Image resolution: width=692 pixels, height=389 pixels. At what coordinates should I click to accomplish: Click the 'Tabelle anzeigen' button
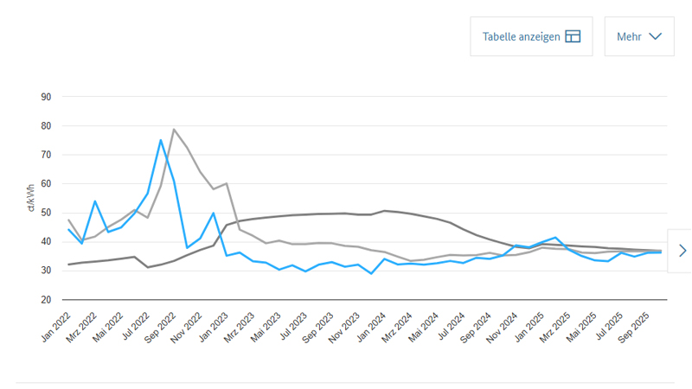[x=531, y=36]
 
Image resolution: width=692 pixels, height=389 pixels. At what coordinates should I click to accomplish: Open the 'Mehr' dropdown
[x=638, y=36]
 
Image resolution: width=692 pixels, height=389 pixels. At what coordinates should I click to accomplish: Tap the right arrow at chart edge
[x=682, y=251]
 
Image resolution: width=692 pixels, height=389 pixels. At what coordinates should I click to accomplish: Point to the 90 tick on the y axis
[x=46, y=97]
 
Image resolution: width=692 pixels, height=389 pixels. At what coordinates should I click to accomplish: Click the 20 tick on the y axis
[x=46, y=299]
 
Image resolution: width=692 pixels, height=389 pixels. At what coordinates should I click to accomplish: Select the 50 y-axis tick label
[x=46, y=213]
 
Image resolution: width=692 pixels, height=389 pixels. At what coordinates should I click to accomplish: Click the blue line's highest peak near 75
[x=161, y=140]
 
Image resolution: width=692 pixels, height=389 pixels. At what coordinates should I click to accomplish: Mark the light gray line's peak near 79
[x=174, y=130]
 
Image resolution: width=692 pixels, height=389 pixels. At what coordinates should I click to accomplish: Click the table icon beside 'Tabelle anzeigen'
[x=573, y=36]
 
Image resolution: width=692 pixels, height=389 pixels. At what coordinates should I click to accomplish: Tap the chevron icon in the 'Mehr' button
[x=655, y=36]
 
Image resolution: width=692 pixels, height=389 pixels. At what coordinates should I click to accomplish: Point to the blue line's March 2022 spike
[x=95, y=201]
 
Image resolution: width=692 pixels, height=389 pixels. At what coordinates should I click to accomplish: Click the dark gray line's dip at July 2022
[x=148, y=267]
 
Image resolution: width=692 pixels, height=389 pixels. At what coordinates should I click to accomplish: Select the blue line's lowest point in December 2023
[x=371, y=273]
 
